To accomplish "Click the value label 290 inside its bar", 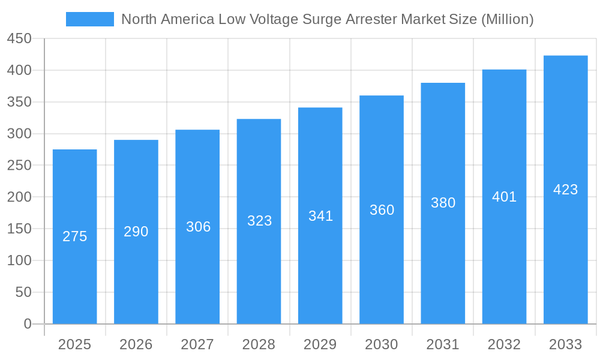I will click(136, 232).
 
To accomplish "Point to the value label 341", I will click(320, 216).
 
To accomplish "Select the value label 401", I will click(504, 197).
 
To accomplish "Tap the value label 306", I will click(198, 227).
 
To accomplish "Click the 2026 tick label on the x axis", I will click(136, 344).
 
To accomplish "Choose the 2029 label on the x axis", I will click(320, 344).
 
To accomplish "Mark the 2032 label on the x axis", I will click(504, 344).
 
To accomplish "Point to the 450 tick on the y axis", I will click(19, 38).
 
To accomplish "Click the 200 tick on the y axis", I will click(19, 197).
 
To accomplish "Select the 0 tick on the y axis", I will click(28, 324).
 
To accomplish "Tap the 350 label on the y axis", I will click(19, 102).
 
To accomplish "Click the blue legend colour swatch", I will click(89, 19).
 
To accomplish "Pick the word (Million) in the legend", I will click(507, 19).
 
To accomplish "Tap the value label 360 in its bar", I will click(382, 210).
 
